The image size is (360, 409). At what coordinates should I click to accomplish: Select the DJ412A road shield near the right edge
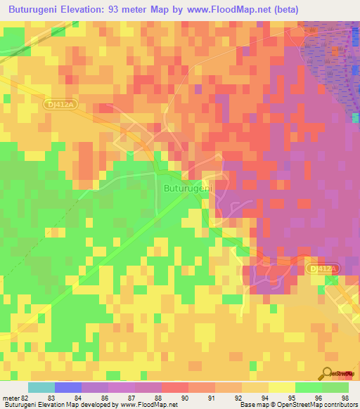[x=323, y=268]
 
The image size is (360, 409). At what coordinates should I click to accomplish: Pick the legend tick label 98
[x=344, y=397]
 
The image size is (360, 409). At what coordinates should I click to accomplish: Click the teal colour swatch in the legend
[x=41, y=387]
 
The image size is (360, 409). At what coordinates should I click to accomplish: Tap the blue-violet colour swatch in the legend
[x=68, y=387]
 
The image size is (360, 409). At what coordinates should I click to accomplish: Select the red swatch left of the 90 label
[x=174, y=387]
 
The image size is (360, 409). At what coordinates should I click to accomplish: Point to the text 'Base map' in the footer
[x=254, y=405]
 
